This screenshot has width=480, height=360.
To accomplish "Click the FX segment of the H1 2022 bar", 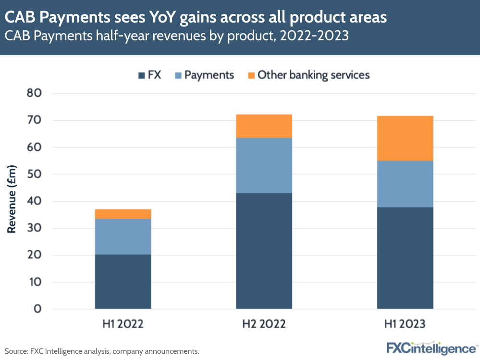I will click(123, 281).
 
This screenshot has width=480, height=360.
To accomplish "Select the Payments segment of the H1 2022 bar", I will click(123, 236).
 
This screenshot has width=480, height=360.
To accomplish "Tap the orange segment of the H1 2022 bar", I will click(123, 214).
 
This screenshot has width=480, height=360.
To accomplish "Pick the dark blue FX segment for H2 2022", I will click(264, 250).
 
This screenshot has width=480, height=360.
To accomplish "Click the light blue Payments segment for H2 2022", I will click(264, 165).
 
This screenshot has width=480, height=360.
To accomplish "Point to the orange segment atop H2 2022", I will click(264, 126).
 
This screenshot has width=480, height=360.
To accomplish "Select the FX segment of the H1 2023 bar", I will click(405, 258).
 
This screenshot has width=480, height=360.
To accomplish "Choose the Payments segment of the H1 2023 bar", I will click(405, 184).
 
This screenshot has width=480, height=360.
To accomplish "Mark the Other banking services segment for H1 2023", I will click(405, 138).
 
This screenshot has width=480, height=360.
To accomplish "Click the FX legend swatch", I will click(141, 75).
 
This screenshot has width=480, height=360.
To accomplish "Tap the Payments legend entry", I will click(209, 75).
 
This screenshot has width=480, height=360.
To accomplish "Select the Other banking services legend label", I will click(313, 75).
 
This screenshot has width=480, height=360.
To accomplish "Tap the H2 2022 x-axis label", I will click(264, 324).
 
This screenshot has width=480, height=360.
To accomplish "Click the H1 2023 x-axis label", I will click(405, 324).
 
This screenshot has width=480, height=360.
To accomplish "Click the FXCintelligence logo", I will click(431, 348).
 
